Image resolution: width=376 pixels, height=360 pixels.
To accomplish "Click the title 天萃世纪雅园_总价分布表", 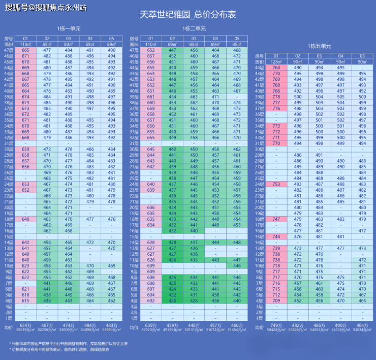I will (x=188, y=15).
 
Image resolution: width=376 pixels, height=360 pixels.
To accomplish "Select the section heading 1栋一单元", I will (x=69, y=28).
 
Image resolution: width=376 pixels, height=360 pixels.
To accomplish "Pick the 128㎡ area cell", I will (x=276, y=62).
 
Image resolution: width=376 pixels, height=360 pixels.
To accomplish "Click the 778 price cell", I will (x=276, y=97).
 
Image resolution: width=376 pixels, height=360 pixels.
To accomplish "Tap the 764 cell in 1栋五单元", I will (x=276, y=68).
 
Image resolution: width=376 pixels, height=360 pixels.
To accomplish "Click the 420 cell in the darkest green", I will (x=172, y=301).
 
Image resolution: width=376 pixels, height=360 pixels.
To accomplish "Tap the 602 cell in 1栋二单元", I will (x=151, y=301).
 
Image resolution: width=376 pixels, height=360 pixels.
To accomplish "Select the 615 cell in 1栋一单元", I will (x=25, y=301).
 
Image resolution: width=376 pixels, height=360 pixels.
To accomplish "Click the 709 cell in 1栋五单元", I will (x=276, y=301).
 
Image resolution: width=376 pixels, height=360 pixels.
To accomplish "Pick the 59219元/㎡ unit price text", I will (x=25, y=329).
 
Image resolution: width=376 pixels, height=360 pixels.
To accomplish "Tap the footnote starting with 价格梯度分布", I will (x=66, y=350).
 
